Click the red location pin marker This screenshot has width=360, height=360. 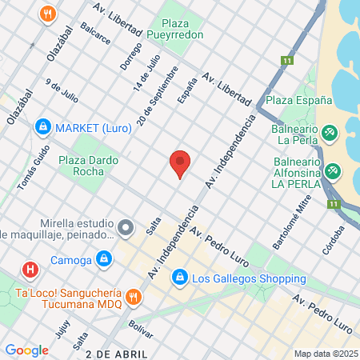tap(180, 163)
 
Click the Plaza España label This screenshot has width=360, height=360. tap(298, 101)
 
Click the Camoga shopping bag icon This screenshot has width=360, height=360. tap(103, 258)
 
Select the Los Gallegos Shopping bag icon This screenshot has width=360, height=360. tap(180, 278)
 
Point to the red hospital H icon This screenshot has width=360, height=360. tap(31, 270)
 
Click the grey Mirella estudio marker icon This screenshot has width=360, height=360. tap(125, 229)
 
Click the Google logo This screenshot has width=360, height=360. tap(26, 350)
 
